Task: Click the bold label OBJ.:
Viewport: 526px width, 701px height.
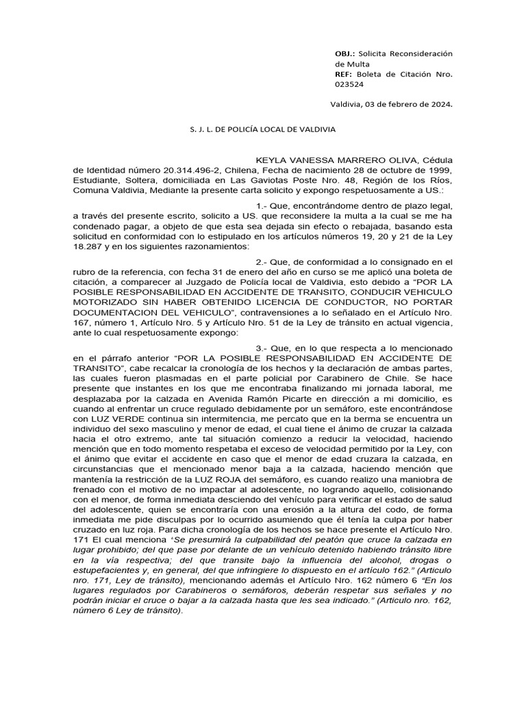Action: point(345,53)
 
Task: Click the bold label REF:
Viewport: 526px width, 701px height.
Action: point(344,74)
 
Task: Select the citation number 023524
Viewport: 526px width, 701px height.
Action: point(350,84)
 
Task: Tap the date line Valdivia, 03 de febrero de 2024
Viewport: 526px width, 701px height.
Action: point(391,105)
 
